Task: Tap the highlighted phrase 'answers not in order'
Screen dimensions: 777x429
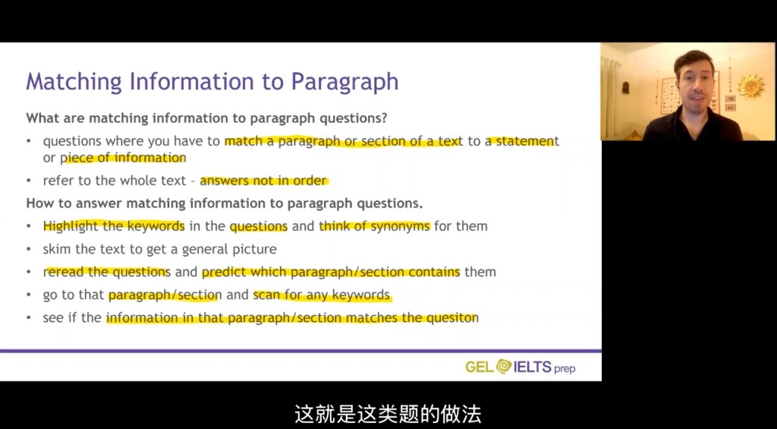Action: pos(263,181)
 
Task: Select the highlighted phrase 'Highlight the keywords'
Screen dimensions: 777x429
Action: pos(114,226)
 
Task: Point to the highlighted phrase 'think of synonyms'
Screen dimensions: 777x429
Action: pos(375,226)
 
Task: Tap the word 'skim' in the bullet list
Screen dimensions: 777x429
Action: pos(57,249)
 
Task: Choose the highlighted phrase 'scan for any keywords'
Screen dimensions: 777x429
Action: pos(322,295)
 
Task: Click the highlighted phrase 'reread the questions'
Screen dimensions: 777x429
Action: pos(107,272)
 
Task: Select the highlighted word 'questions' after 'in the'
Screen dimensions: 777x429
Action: pos(259,227)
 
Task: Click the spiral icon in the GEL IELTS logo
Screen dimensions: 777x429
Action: pos(504,367)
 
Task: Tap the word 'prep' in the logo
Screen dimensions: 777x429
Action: pos(565,369)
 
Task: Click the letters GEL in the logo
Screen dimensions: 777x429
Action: pos(480,367)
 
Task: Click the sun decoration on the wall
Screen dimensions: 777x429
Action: pos(750,87)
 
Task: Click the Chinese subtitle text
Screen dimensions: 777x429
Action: pos(388,414)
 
